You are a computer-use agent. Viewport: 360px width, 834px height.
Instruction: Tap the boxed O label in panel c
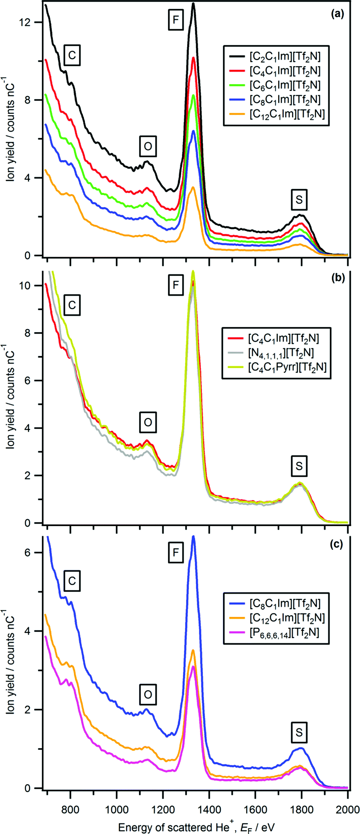[x=148, y=694]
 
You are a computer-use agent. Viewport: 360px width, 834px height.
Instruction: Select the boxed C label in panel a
[x=72, y=55]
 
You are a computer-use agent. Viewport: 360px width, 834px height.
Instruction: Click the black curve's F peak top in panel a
[x=193, y=4]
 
